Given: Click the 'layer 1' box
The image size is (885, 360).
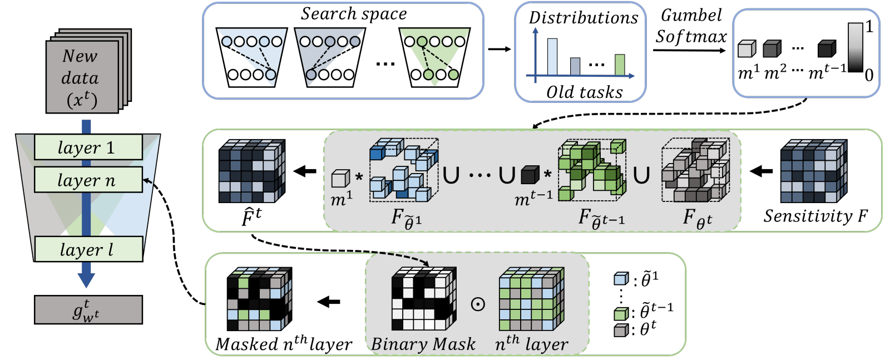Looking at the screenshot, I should click(88, 147).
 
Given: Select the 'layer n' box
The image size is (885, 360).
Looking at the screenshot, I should click(88, 180).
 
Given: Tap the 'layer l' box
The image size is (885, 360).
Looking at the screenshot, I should click(88, 249).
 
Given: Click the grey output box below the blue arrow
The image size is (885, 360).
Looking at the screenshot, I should click(88, 310).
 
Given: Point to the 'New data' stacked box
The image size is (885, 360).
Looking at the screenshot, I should click(82, 77).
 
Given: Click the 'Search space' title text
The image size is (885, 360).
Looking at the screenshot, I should click(354, 14).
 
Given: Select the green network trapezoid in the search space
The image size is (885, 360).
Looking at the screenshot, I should click(434, 58).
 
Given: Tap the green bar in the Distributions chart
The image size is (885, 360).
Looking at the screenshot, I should click(620, 65).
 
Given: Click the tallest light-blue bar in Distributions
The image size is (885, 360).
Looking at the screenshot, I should click(552, 57).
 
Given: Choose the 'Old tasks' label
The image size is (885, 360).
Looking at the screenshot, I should click(584, 92).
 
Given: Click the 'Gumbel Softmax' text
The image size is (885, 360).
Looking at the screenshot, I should click(691, 26).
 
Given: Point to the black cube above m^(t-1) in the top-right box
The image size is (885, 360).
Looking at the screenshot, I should click(827, 49).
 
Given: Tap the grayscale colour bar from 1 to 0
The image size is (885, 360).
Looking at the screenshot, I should click(855, 47).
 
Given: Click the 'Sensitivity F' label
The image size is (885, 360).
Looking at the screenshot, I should click(815, 216).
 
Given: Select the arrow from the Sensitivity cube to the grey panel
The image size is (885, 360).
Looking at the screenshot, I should click(761, 171).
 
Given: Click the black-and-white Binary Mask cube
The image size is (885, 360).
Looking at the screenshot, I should click(424, 299).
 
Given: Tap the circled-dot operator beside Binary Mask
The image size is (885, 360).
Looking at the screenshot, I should click(478, 304).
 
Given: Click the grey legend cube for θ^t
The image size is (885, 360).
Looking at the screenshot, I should click(621, 331).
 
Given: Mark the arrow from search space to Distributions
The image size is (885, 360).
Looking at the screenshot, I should click(499, 50).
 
